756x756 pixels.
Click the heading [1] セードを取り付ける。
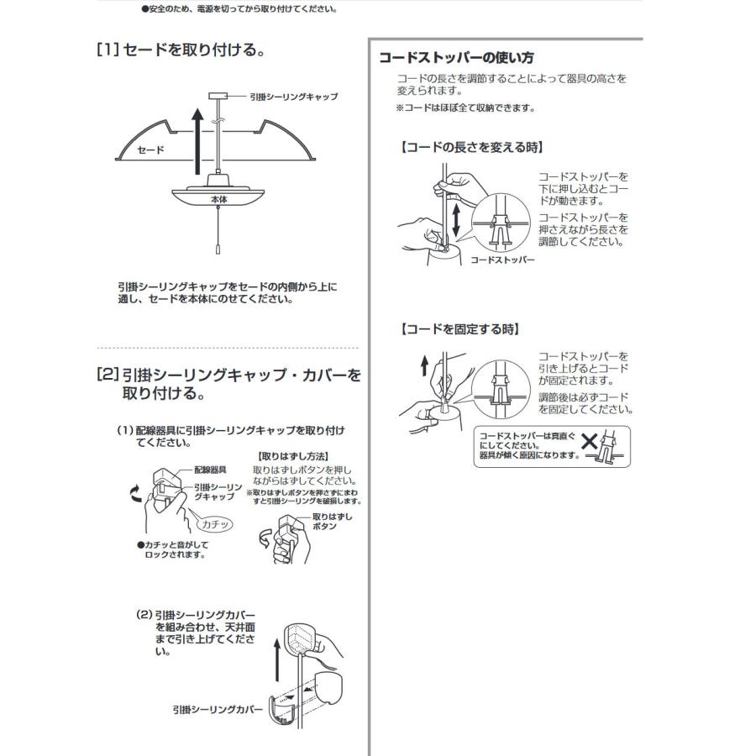click(182, 51)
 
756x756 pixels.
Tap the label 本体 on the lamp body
click(219, 201)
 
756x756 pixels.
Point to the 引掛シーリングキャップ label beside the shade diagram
click(293, 97)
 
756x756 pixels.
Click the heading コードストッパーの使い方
click(456, 58)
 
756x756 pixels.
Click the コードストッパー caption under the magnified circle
click(502, 260)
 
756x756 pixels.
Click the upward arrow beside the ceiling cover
click(277, 663)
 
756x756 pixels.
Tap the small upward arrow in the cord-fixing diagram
click(425, 365)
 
